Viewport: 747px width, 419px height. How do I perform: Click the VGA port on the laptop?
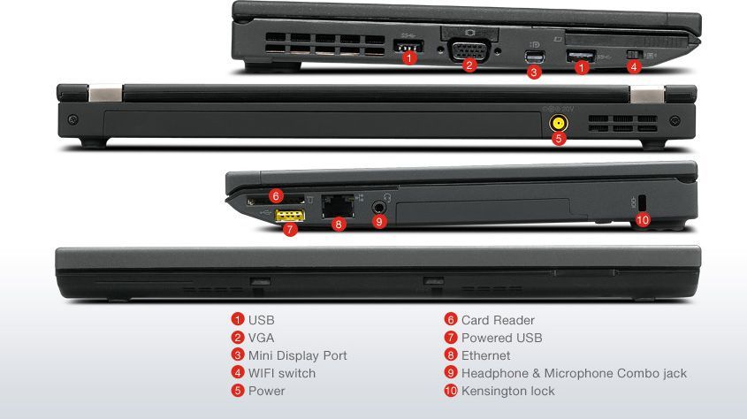coord(469,49)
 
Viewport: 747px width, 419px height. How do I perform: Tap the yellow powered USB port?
coord(291,216)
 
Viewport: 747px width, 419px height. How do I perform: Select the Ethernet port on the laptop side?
coord(338,205)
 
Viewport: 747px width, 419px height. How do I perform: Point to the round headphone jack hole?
coord(380,205)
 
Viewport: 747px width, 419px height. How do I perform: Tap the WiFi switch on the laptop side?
coord(633,55)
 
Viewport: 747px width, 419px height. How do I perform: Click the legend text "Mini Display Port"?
coord(297,355)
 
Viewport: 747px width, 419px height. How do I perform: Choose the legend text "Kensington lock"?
coord(507,391)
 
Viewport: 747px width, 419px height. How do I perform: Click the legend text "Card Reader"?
coord(498,320)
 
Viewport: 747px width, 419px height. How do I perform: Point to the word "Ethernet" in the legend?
coord(485,355)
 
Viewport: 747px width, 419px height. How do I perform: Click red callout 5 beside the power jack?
coord(558,139)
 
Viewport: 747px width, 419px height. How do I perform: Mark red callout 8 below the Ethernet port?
coord(338,225)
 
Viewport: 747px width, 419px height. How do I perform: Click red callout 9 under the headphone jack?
coord(379,222)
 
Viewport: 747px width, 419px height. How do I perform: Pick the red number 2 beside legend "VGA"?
coord(238,338)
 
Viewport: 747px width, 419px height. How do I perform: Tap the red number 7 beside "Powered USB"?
coord(451,338)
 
